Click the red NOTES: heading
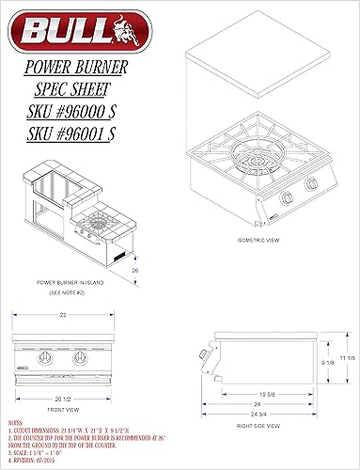pyautogui.click(x=15, y=424)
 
